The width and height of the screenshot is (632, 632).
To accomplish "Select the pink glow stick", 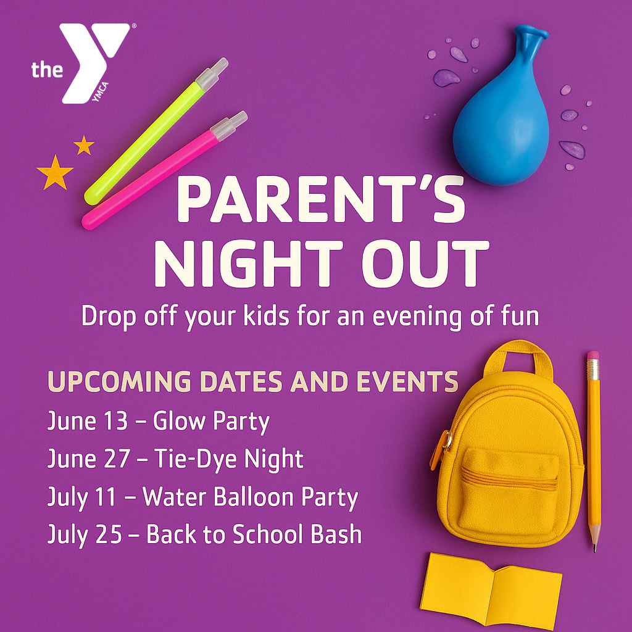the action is pyautogui.click(x=164, y=170).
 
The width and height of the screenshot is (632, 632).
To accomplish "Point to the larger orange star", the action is pyautogui.click(x=55, y=173).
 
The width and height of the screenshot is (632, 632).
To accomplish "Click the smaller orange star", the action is pyautogui.click(x=84, y=146).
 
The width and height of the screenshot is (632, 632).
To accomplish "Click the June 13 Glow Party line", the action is pyautogui.click(x=159, y=422).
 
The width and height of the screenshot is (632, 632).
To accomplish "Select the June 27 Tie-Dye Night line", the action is pyautogui.click(x=175, y=459).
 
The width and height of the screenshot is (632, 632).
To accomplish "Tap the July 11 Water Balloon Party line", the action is pyautogui.click(x=202, y=497).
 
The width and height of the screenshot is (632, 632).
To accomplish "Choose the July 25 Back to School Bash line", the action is pyautogui.click(x=204, y=535).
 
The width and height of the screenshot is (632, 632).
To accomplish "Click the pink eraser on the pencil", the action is pyautogui.click(x=593, y=356).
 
